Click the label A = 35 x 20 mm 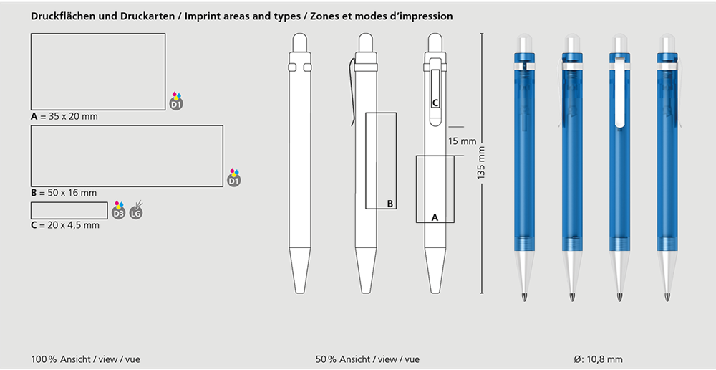pyautogui.click(x=64, y=117)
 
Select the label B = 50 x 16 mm pyautogui.click(x=64, y=193)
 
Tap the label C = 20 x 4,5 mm pyautogui.click(x=65, y=225)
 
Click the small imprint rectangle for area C pyautogui.click(x=69, y=210)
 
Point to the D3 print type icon pyautogui.click(x=119, y=210)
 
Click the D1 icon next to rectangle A pyautogui.click(x=176, y=101)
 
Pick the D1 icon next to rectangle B pyautogui.click(x=234, y=178)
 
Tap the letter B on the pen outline pyautogui.click(x=390, y=204)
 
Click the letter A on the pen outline pyautogui.click(x=435, y=218)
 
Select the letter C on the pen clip pyautogui.click(x=435, y=103)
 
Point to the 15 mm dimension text pyautogui.click(x=462, y=141)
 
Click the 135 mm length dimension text pyautogui.click(x=481, y=163)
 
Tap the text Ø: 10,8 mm pyautogui.click(x=598, y=359)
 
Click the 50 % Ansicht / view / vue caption pyautogui.click(x=367, y=359)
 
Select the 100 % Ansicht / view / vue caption pyautogui.click(x=85, y=359)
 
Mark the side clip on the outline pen pyautogui.click(x=352, y=92)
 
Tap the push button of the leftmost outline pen pyautogui.click(x=299, y=42)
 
